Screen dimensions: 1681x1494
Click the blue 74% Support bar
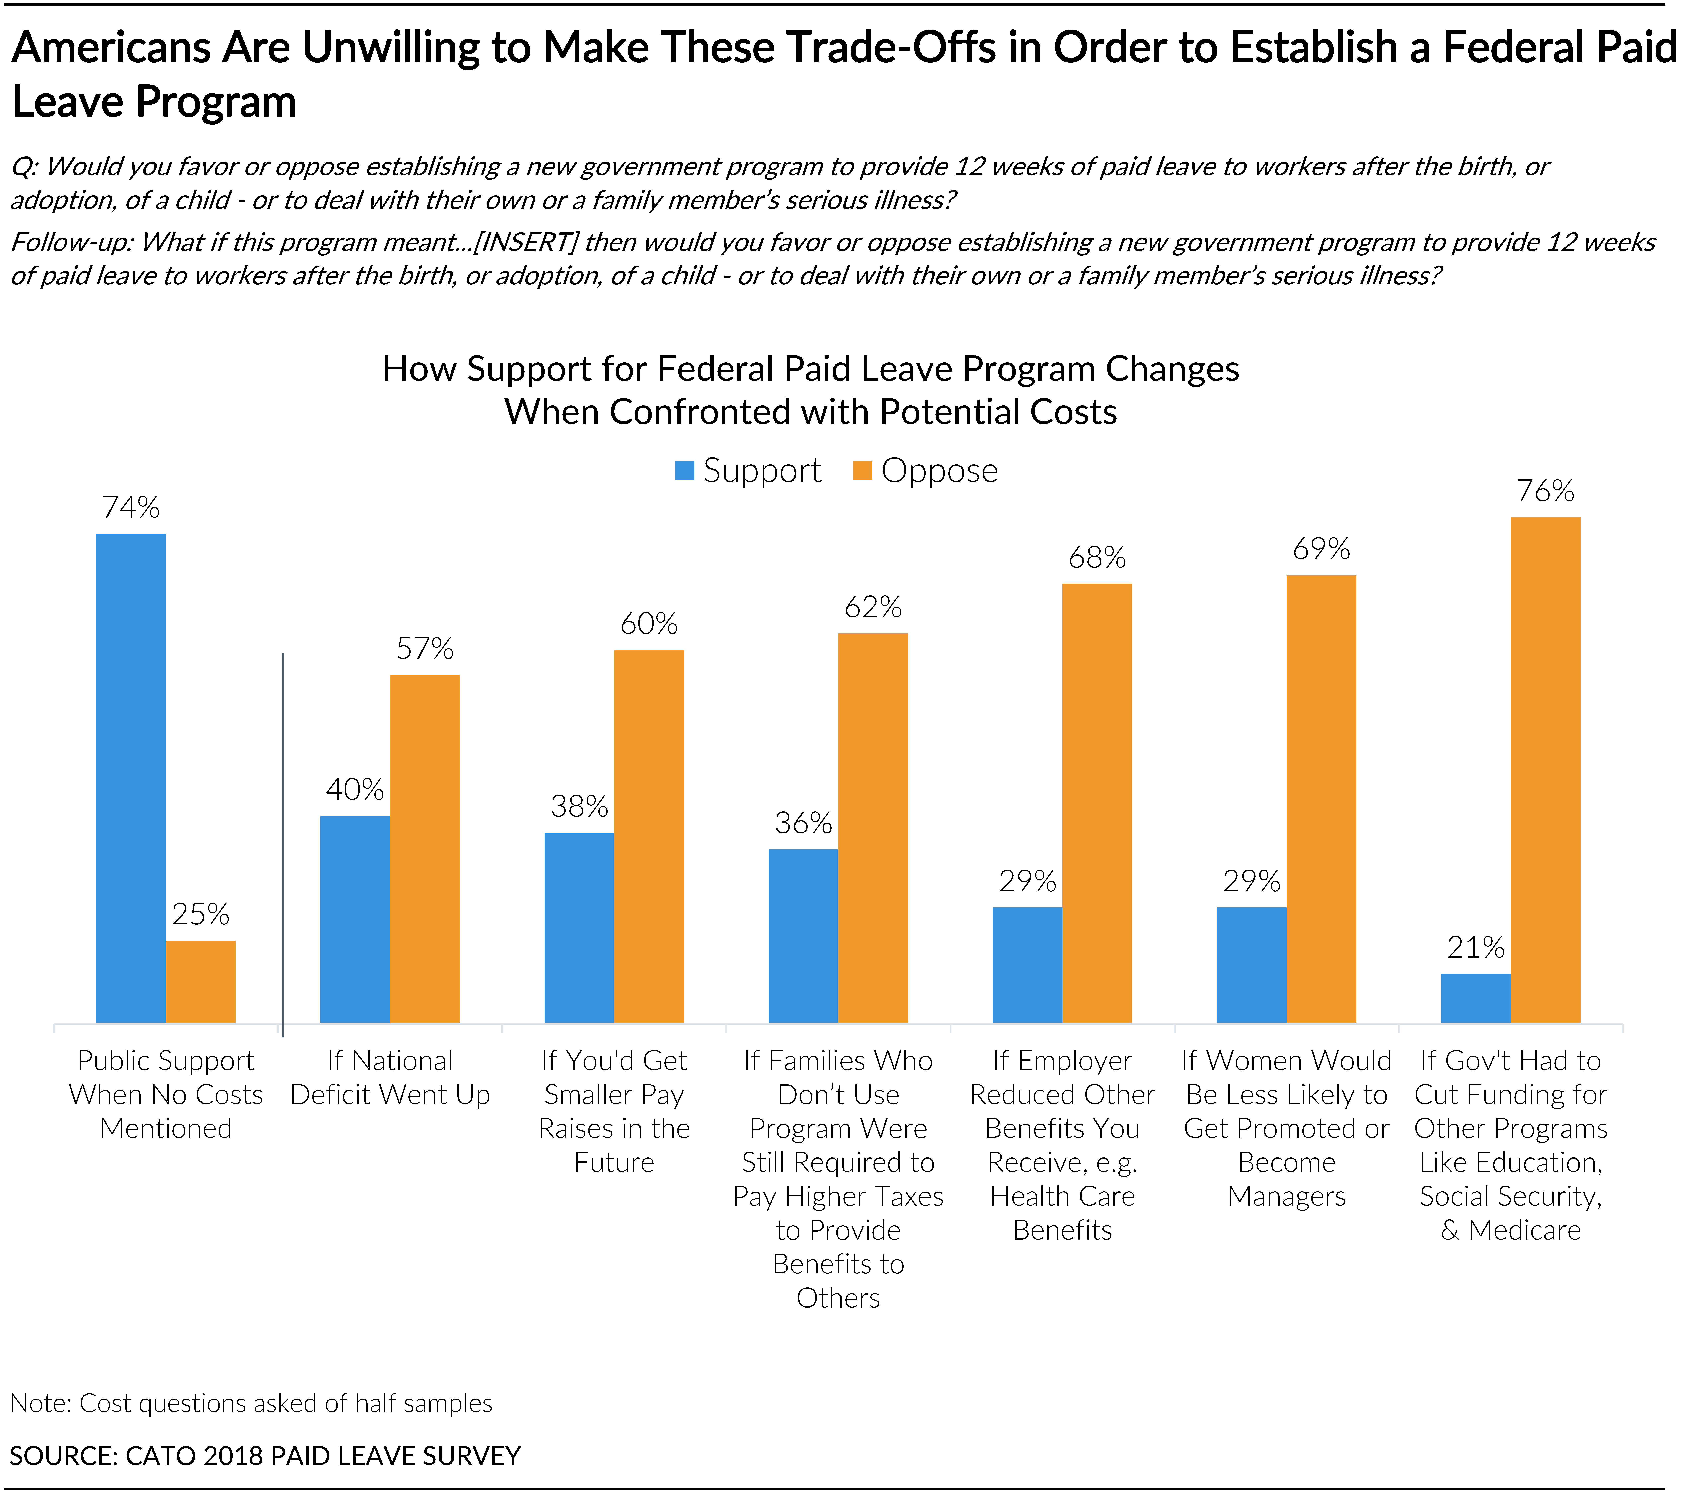131,778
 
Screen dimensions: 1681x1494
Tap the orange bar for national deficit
424,849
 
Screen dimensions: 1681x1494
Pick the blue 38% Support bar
579,928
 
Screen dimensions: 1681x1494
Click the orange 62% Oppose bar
873,828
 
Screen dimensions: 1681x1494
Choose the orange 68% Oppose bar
1097,803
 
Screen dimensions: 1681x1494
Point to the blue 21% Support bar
1475,999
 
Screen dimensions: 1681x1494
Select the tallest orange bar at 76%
1545,770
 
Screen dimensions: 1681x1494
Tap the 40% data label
354,790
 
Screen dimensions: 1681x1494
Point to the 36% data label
803,823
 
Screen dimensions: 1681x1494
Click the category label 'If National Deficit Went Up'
390,1078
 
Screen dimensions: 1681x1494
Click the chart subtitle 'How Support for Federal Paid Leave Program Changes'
811,369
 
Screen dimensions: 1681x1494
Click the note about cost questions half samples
251,1403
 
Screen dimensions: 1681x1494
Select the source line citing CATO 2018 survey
265,1455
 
